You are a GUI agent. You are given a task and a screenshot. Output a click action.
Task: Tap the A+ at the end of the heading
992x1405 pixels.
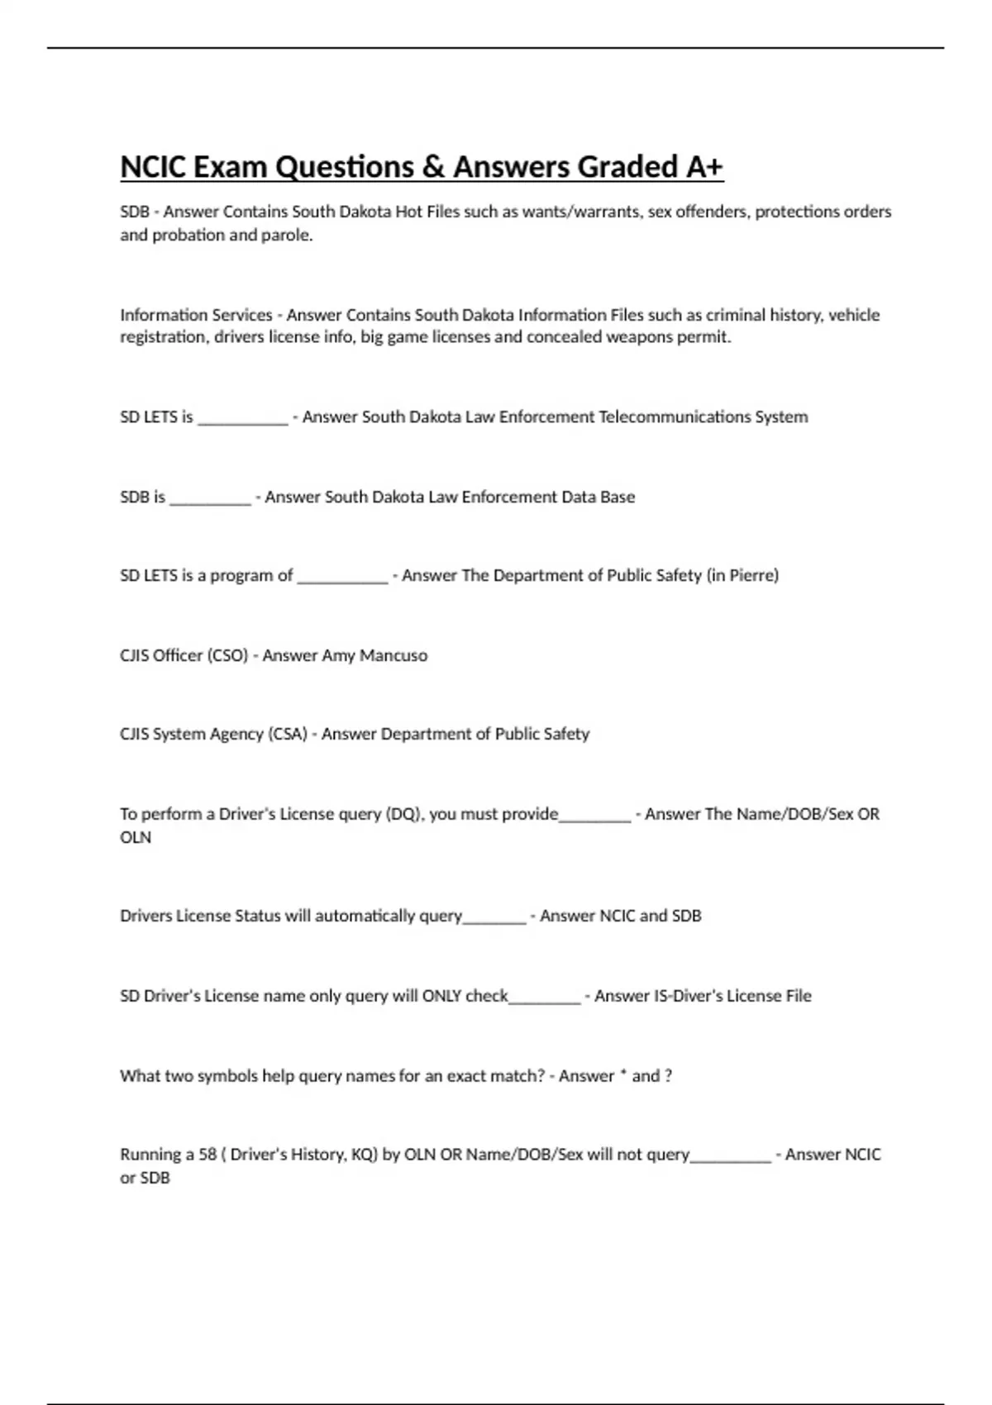(x=704, y=167)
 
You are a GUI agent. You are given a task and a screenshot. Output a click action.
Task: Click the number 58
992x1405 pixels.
(x=207, y=1155)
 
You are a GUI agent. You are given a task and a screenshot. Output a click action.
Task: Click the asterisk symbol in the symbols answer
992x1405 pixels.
(x=622, y=1074)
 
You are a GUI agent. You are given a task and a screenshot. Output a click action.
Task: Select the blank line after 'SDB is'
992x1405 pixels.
(x=210, y=500)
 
